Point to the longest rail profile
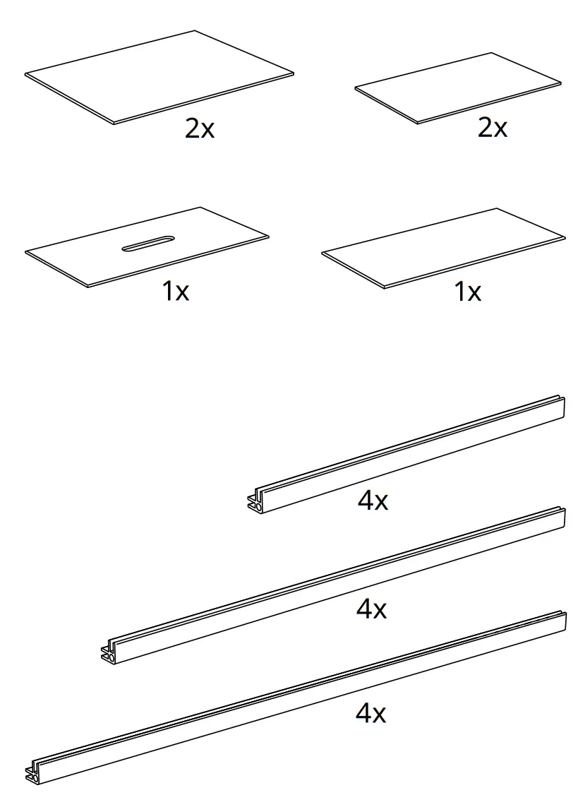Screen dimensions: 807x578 296,695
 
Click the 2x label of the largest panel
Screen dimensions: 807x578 199,129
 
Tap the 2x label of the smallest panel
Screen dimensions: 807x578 492,128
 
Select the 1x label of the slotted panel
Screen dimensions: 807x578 176,291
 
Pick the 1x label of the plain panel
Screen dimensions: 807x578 467,291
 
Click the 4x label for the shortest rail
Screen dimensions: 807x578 373,501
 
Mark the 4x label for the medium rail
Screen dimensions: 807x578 371,609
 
